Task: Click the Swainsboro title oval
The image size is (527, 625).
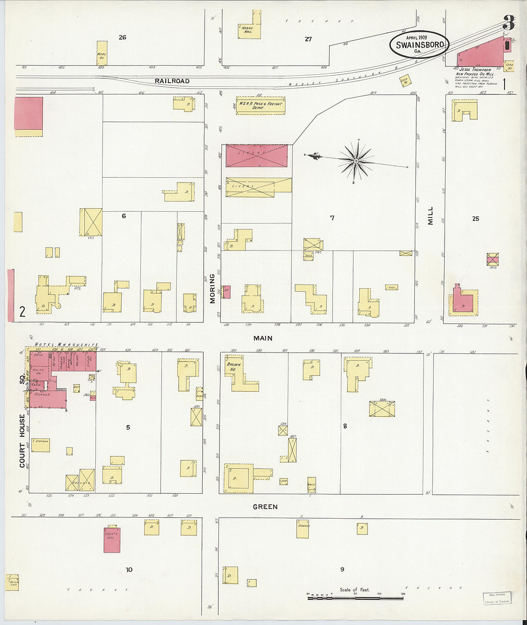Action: [419, 45]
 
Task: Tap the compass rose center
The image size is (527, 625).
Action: [356, 161]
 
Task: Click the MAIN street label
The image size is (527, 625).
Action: [263, 338]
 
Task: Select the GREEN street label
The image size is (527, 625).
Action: [265, 507]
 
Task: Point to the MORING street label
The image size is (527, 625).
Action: [212, 289]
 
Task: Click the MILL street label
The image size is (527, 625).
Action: [430, 216]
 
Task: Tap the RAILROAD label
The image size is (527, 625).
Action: [172, 81]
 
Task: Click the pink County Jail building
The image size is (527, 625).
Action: [112, 540]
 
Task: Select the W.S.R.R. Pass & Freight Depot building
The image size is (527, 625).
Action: [261, 106]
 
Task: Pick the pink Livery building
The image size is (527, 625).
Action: [257, 156]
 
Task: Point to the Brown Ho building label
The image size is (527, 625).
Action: [233, 367]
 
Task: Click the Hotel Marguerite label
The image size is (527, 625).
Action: [67, 345]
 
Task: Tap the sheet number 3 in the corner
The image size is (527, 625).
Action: [508, 23]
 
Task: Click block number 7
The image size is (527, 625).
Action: [332, 218]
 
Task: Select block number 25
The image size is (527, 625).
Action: [475, 218]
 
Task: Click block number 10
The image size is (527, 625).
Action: [129, 569]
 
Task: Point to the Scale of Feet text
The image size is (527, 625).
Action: [355, 590]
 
